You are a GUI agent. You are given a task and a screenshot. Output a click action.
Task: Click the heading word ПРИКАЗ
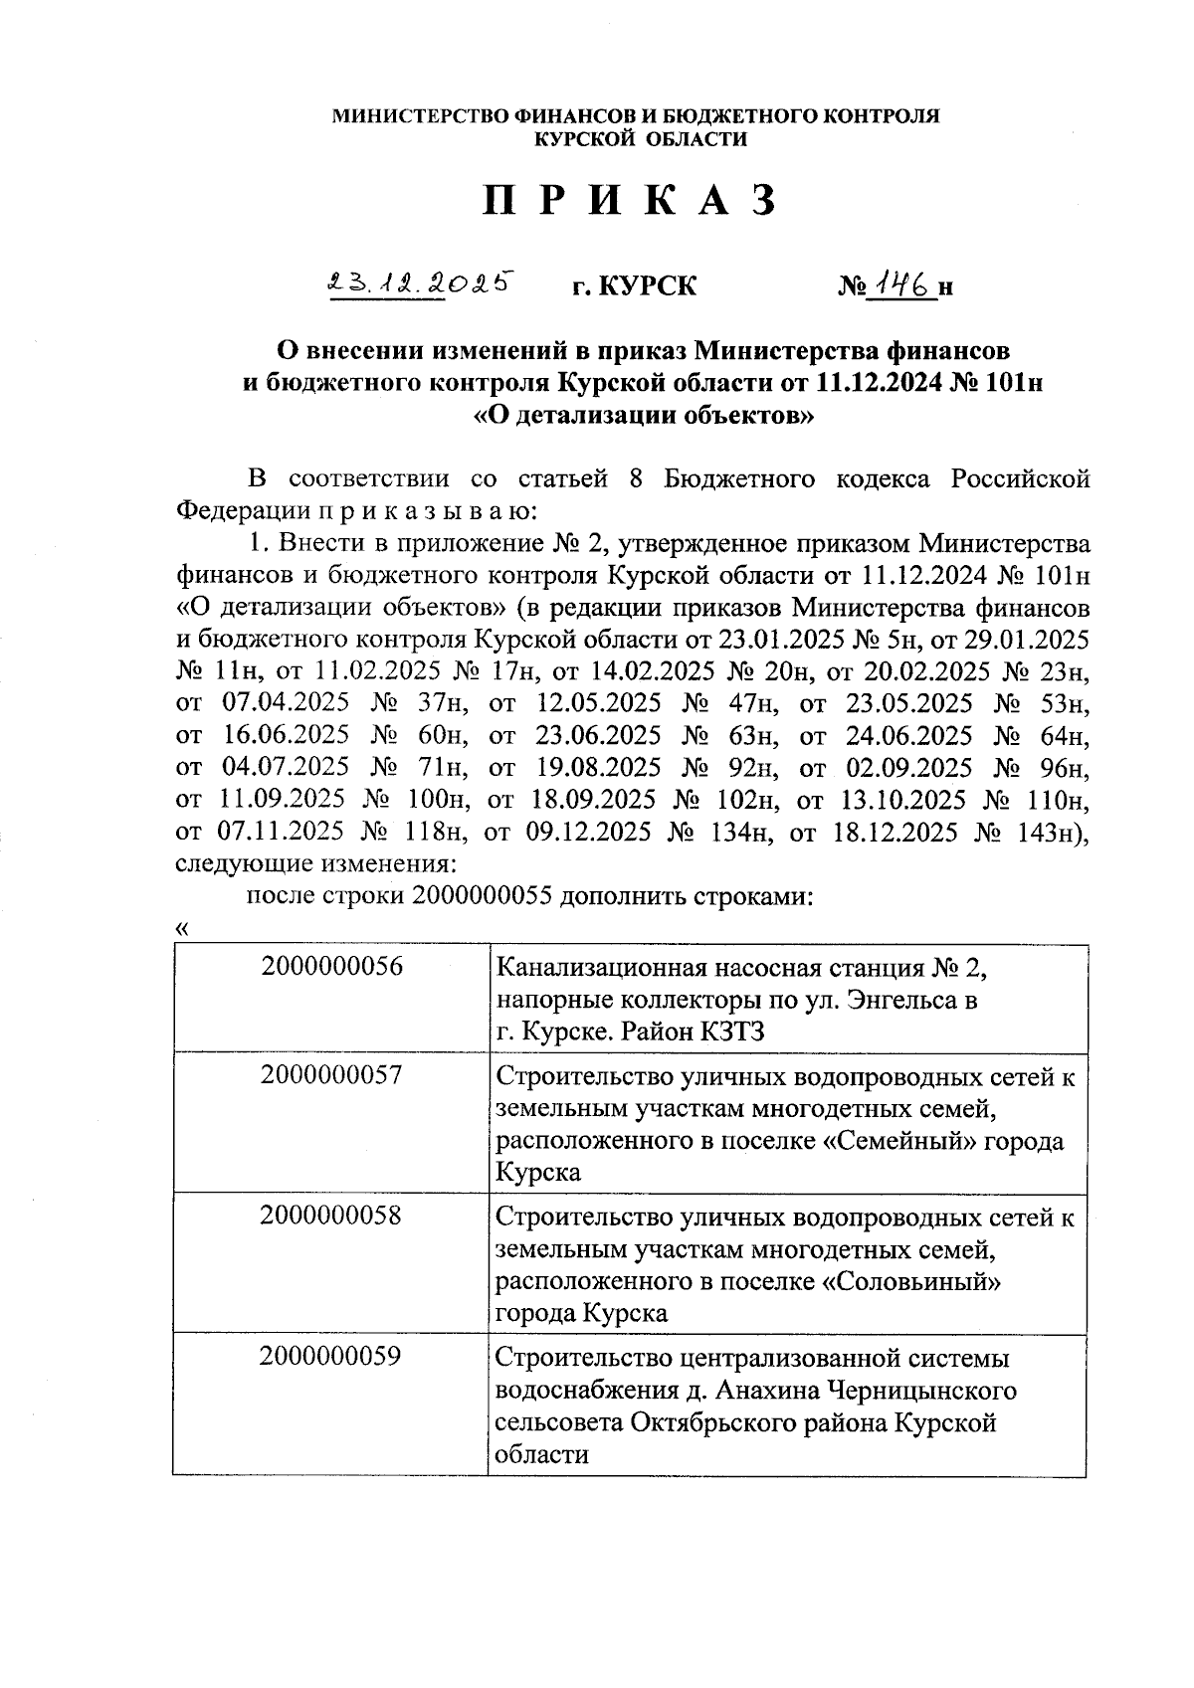click(629, 202)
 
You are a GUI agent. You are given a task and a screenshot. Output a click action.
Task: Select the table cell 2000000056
click(332, 967)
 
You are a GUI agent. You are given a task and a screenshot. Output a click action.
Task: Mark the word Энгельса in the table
click(897, 1000)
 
